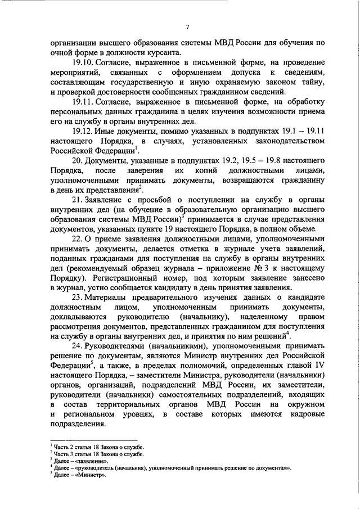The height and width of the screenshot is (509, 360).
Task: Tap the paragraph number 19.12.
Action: click(82, 130)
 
